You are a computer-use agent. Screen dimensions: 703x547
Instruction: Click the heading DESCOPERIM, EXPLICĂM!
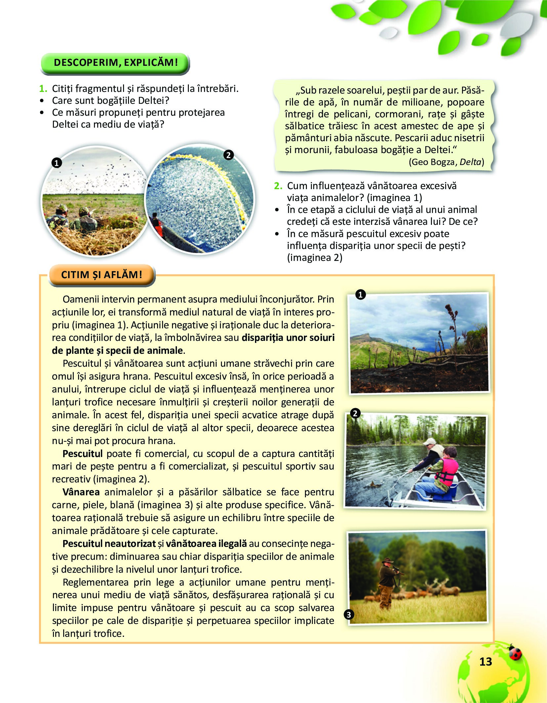pyautogui.click(x=115, y=62)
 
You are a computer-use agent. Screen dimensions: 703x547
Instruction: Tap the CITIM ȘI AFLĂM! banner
pyautogui.click(x=102, y=275)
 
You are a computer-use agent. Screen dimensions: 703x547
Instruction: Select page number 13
pyautogui.click(x=485, y=662)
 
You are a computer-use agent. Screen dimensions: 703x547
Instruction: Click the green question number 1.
pyautogui.click(x=43, y=89)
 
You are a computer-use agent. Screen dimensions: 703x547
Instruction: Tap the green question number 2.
pyautogui.click(x=278, y=186)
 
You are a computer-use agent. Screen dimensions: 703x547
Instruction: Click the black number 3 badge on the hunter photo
pyautogui.click(x=349, y=615)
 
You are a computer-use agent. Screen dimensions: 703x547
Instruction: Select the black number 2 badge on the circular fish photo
pyautogui.click(x=228, y=155)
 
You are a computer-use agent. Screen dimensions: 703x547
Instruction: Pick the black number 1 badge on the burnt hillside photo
pyautogui.click(x=360, y=294)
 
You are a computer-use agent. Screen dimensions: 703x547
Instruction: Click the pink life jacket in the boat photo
pyautogui.click(x=448, y=471)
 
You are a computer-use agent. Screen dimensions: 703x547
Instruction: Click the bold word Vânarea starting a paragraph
pyautogui.click(x=81, y=492)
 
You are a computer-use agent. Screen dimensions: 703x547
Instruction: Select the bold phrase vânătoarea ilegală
pyautogui.click(x=206, y=544)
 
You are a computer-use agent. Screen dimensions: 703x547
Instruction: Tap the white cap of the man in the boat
pyautogui.click(x=430, y=441)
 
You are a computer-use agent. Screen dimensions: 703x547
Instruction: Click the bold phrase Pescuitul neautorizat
pyautogui.click(x=109, y=544)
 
